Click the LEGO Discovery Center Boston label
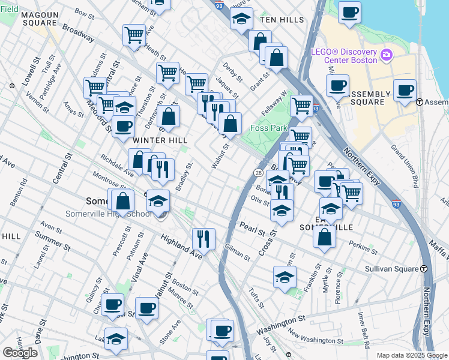344,55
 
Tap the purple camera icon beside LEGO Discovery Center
386,55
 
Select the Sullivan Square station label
393,269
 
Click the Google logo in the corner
20,352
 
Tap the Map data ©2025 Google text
411,355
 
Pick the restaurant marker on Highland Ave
203,239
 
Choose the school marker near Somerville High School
158,200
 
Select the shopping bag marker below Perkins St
324,236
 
